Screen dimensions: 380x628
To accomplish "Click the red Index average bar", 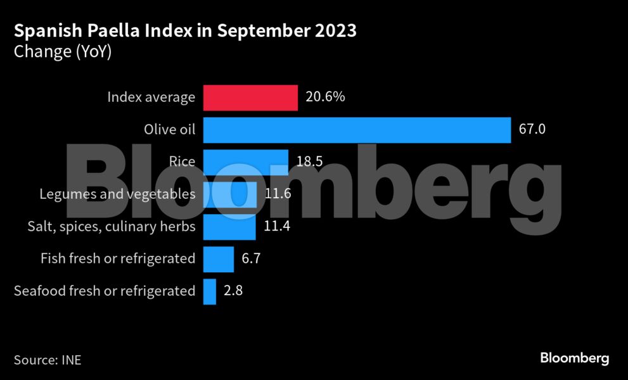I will point(250,98).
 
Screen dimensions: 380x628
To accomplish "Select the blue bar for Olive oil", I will point(357,130).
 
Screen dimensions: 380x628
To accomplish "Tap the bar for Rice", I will point(245,162).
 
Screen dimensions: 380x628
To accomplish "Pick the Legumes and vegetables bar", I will point(229,194).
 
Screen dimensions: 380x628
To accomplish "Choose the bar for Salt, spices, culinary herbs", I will point(229,226).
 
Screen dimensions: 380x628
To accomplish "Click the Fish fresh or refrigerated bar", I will point(219,258).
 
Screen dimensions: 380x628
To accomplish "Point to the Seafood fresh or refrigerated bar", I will point(210,291).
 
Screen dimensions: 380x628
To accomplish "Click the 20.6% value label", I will point(324,98).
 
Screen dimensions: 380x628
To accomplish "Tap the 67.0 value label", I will point(532,130).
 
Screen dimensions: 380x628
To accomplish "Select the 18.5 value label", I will point(309,162).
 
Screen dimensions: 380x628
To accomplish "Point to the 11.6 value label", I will point(278,194).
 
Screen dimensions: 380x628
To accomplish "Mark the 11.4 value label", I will point(277,226).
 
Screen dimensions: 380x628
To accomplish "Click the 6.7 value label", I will point(252,258).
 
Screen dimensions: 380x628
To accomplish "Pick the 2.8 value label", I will point(233,291).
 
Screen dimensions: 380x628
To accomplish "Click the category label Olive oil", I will point(170,130).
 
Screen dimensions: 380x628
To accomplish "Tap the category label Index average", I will point(151,98).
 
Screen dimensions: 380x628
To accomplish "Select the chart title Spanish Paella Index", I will point(185,30).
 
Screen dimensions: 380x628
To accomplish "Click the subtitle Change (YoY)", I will point(63,52).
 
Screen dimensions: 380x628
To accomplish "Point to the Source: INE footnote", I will point(48,360).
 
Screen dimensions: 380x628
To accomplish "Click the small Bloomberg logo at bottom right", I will point(574,358).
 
